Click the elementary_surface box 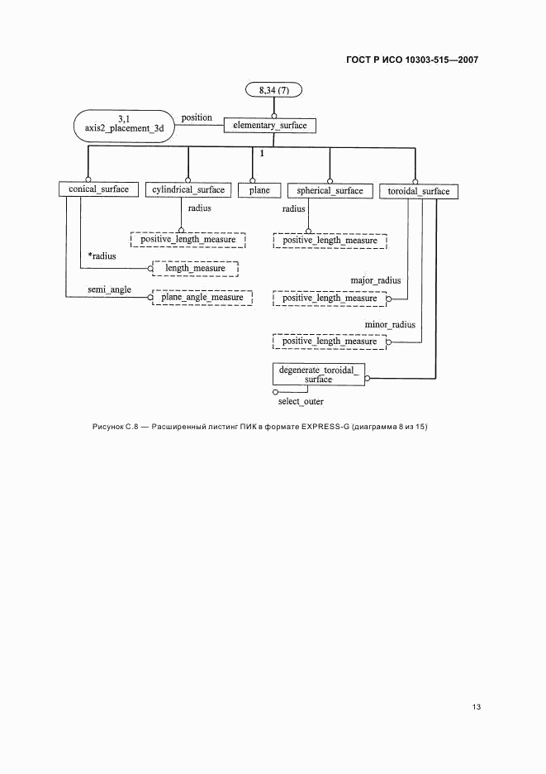[x=271, y=126]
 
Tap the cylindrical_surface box [x=188, y=190]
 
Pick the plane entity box [x=259, y=190]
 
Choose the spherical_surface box [x=330, y=191]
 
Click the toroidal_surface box [x=419, y=192]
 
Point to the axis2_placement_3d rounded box [x=124, y=125]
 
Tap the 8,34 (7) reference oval [x=273, y=89]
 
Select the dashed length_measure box [x=195, y=268]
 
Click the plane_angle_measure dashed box [x=202, y=298]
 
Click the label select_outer [x=301, y=402]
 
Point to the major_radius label [x=376, y=280]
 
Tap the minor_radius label [x=390, y=325]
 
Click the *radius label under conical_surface [x=102, y=256]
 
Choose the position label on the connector [x=197, y=117]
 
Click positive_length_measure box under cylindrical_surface [x=188, y=240]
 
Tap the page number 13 [x=477, y=707]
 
